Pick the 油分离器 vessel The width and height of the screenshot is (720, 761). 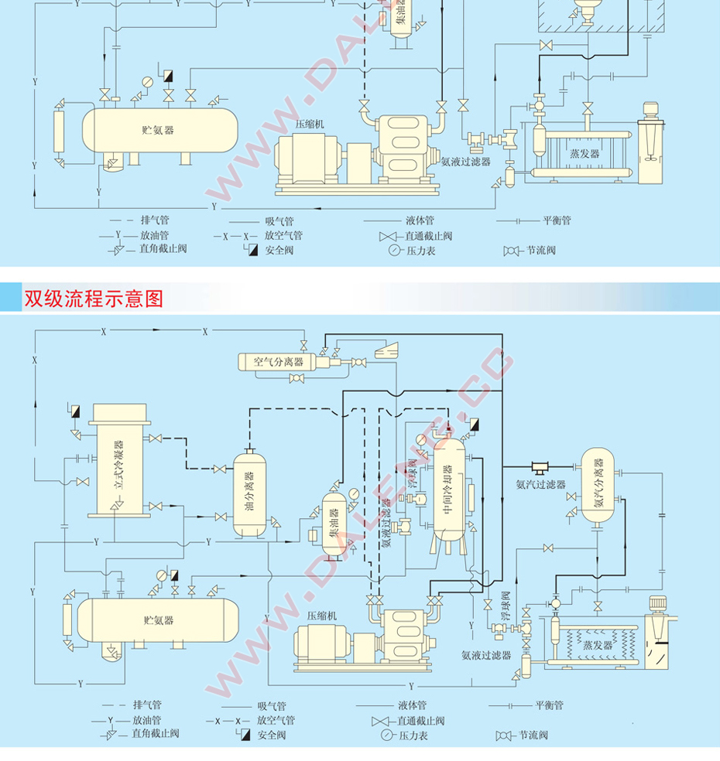point(249,494)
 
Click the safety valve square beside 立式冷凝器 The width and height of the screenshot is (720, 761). point(75,410)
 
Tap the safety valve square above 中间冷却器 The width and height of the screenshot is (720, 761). point(473,424)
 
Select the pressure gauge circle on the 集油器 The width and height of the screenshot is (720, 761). point(353,493)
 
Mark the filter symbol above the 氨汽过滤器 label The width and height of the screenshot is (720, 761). point(540,466)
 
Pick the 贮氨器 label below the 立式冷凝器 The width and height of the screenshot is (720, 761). point(159,619)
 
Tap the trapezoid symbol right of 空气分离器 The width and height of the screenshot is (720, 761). point(385,350)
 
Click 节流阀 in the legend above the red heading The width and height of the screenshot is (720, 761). point(541,251)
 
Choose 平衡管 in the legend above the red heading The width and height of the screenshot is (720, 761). point(557,220)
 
